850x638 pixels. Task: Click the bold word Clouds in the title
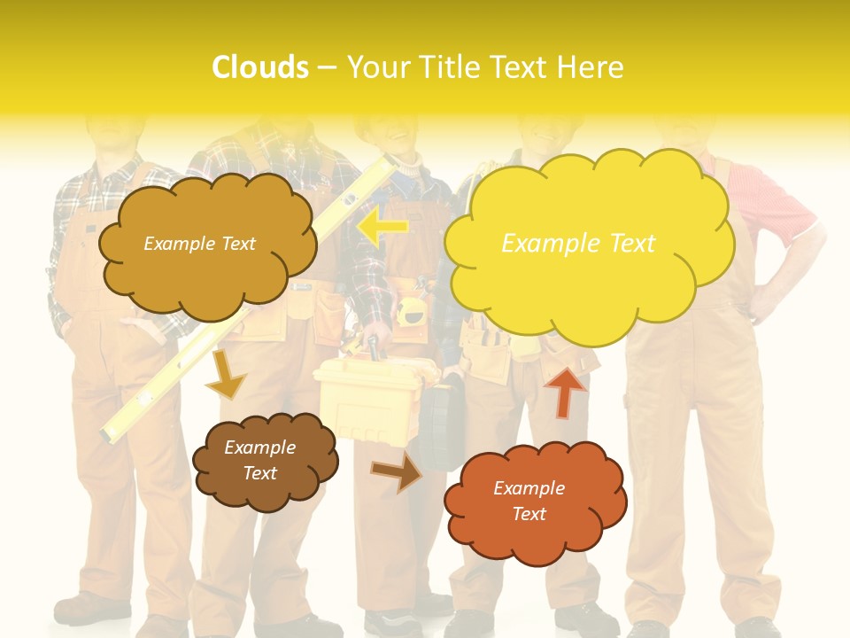click(260, 67)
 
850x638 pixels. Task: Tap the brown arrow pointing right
click(396, 471)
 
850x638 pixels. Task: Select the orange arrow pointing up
click(565, 392)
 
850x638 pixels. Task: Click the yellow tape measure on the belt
click(409, 311)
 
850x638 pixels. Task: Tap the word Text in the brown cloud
click(260, 473)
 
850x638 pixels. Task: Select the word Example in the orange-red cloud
click(529, 488)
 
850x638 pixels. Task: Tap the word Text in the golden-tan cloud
click(238, 244)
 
